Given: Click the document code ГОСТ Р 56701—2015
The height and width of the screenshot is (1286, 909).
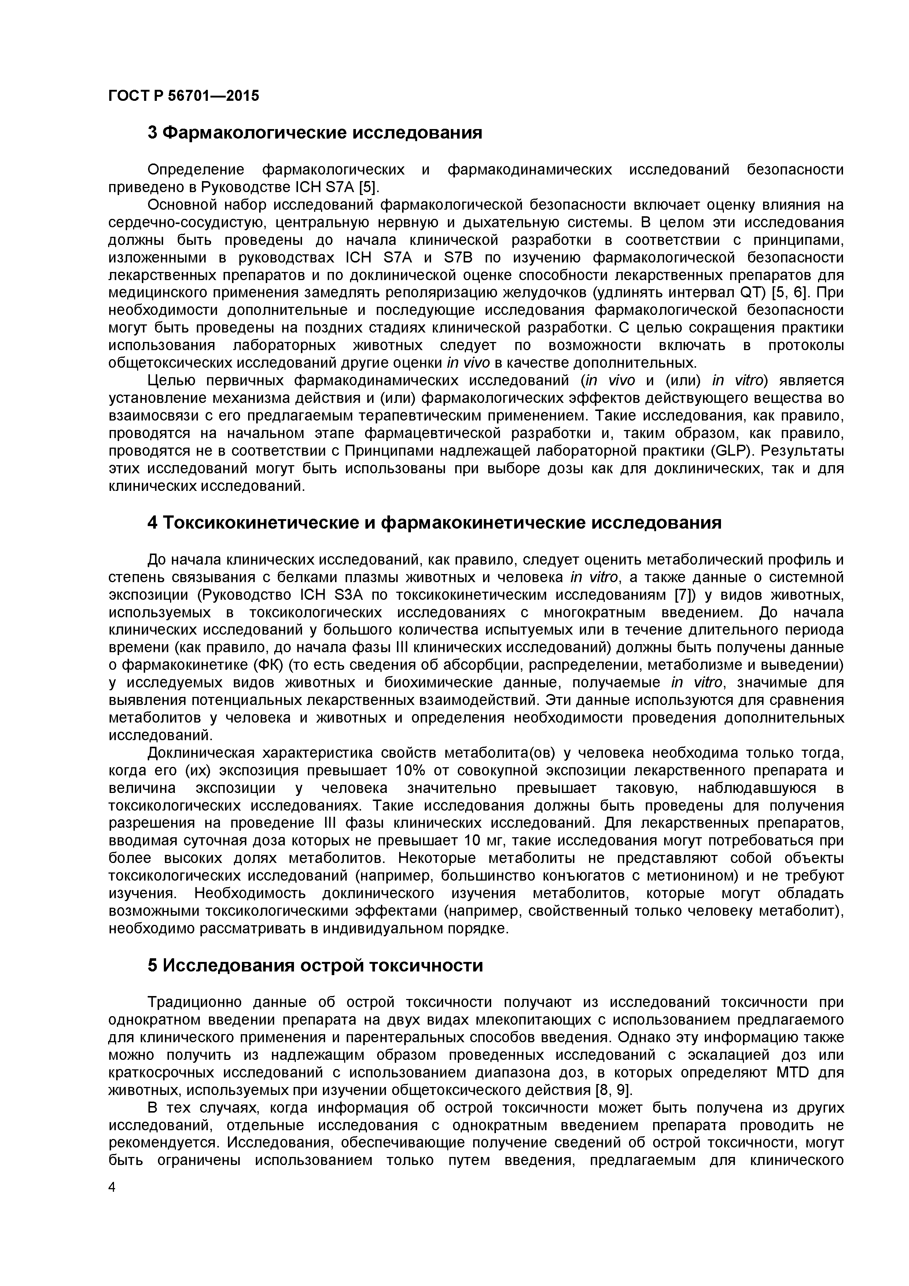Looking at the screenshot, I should [184, 96].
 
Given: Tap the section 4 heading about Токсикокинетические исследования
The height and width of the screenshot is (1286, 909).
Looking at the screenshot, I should [434, 523].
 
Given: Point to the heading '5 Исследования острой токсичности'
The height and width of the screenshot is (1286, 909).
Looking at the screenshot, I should [315, 966].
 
